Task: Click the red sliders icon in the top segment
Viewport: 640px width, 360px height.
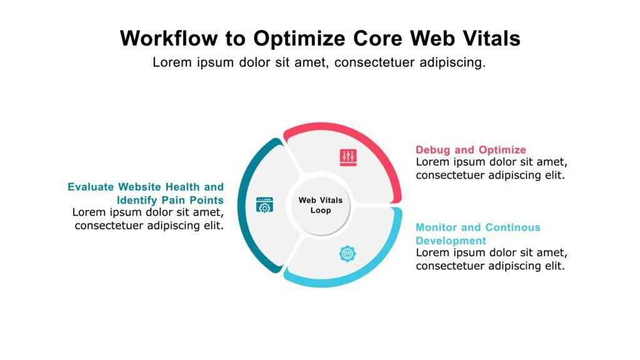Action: [347, 157]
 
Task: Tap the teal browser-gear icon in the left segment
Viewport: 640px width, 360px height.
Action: [264, 205]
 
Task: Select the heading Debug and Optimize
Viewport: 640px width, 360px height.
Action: [471, 150]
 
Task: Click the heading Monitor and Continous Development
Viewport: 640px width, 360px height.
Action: [478, 234]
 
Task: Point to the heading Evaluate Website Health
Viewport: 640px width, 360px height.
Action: [146, 187]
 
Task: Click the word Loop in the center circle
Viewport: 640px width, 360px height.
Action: [321, 211]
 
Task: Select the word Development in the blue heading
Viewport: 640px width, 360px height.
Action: [451, 241]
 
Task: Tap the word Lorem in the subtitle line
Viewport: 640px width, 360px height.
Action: [171, 62]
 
